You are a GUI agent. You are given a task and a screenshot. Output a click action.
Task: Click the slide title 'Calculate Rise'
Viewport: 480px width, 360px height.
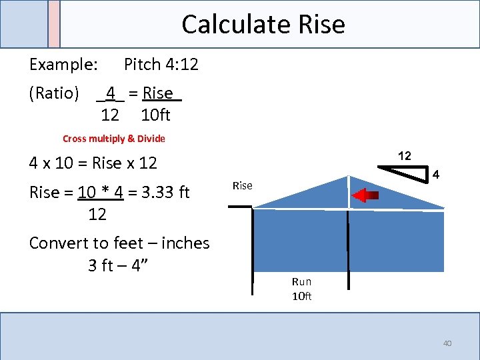tap(263, 25)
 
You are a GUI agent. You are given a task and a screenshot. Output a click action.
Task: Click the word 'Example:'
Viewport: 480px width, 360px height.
tap(64, 65)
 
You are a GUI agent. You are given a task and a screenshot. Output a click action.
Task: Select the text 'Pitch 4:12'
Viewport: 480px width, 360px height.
tap(161, 65)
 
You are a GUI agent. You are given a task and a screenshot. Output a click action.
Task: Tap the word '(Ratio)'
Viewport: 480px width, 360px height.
tap(54, 93)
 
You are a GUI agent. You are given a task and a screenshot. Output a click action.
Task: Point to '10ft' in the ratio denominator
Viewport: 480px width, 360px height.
tap(156, 115)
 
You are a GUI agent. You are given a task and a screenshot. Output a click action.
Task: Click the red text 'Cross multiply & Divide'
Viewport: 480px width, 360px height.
tap(113, 139)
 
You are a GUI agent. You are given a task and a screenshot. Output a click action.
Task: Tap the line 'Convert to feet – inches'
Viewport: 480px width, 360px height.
tap(119, 243)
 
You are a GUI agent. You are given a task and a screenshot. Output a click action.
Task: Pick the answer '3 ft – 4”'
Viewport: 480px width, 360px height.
tap(118, 265)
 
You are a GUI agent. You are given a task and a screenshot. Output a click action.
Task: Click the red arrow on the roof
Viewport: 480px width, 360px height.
tap(365, 195)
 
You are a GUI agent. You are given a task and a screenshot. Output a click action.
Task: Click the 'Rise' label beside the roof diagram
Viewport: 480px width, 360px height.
tap(242, 186)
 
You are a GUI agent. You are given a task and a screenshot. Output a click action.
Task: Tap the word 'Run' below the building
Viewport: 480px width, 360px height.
tap(301, 282)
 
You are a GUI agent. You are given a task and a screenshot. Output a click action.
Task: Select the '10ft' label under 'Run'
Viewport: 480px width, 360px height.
tap(301, 297)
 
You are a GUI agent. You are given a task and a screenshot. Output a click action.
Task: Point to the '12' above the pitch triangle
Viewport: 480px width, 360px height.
tap(405, 156)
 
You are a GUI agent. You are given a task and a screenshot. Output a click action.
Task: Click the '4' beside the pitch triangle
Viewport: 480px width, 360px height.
tap(435, 175)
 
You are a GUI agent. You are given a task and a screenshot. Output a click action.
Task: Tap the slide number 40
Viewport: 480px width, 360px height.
tap(447, 343)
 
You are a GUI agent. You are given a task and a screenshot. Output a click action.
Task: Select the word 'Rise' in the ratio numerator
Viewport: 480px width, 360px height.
tap(158, 93)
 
